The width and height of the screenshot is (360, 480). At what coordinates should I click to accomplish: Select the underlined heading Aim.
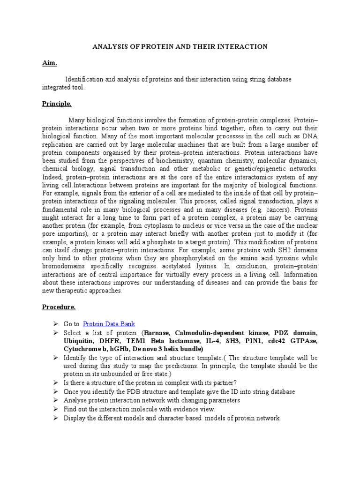(x=49, y=62)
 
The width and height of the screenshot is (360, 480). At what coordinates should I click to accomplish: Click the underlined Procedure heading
(x=59, y=307)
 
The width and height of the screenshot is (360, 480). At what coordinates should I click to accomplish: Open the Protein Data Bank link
(x=109, y=323)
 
